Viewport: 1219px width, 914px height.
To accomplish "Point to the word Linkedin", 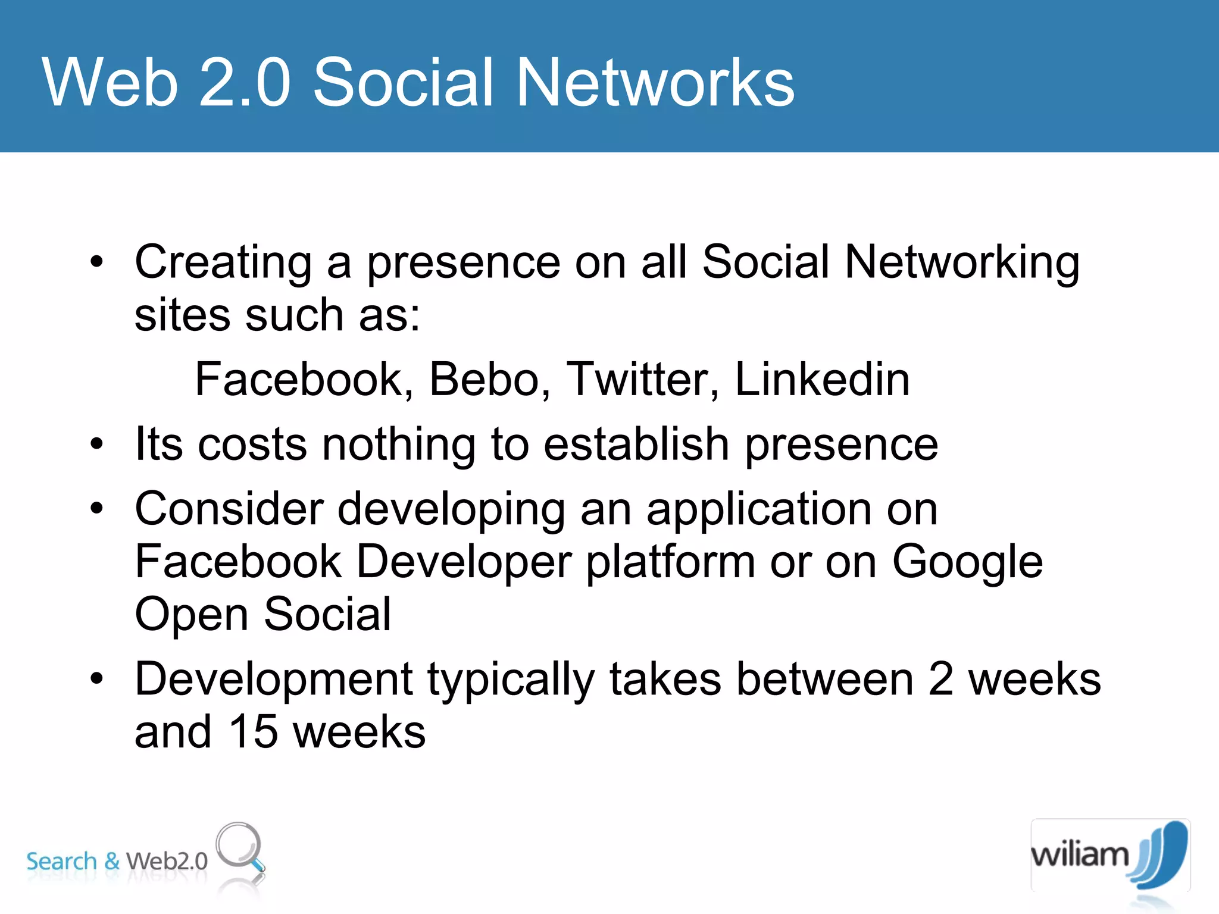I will [x=821, y=379].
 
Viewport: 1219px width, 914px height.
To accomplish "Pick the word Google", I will [x=967, y=562].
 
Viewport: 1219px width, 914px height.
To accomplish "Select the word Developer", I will [x=464, y=562].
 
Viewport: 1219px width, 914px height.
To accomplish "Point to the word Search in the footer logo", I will [x=61, y=861].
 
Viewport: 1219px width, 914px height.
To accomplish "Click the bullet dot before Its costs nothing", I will [x=96, y=444].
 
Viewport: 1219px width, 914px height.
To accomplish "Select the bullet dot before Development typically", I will [x=96, y=678].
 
